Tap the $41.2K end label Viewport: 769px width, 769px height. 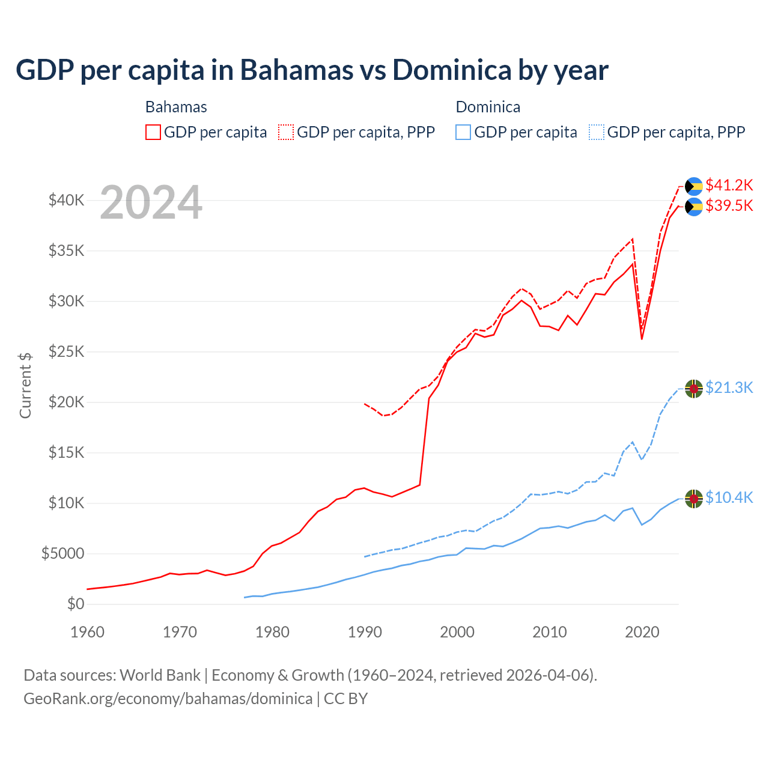pyautogui.click(x=729, y=184)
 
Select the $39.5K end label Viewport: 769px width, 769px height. pyautogui.click(x=729, y=205)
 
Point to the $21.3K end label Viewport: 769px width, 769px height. pyautogui.click(x=729, y=388)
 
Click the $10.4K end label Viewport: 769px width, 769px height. pyautogui.click(x=729, y=497)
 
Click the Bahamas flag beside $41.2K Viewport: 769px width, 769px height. pyautogui.click(x=694, y=186)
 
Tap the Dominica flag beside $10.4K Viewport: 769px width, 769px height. pyautogui.click(x=694, y=499)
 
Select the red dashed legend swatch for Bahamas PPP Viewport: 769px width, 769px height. pyautogui.click(x=286, y=132)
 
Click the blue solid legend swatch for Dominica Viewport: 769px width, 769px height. pyautogui.click(x=463, y=132)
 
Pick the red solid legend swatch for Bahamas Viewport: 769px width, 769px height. pyautogui.click(x=153, y=132)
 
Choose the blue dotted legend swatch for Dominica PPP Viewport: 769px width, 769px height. pyautogui.click(x=597, y=132)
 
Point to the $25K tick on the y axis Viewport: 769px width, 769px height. pyautogui.click(x=66, y=351)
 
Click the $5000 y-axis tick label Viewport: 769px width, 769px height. pyautogui.click(x=62, y=553)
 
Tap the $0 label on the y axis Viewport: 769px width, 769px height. pyautogui.click(x=76, y=604)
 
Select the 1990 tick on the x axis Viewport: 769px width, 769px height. pyautogui.click(x=365, y=632)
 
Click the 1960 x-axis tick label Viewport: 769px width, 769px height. pyautogui.click(x=87, y=632)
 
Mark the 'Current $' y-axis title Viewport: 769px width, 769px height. pyautogui.click(x=25, y=386)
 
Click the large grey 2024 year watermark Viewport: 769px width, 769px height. pyautogui.click(x=151, y=203)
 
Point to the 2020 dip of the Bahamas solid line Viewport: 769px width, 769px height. pyautogui.click(x=642, y=339)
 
